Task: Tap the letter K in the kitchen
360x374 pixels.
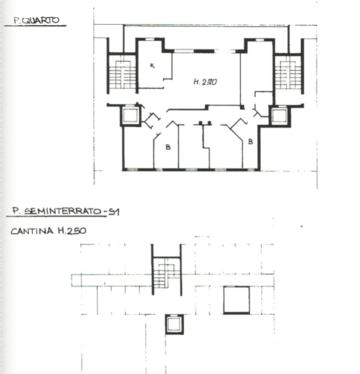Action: point(152,65)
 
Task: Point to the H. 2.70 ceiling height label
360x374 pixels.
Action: point(204,82)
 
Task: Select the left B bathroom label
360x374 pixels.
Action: point(168,147)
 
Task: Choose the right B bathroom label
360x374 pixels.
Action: point(250,141)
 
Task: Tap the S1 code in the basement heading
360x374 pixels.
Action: point(113,212)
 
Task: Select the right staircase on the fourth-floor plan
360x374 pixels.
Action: point(288,72)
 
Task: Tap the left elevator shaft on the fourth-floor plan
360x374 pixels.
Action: point(130,115)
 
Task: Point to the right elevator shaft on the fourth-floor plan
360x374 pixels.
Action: point(279,115)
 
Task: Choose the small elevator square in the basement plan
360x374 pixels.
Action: point(174,324)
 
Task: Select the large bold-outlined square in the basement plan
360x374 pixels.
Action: point(237,300)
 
